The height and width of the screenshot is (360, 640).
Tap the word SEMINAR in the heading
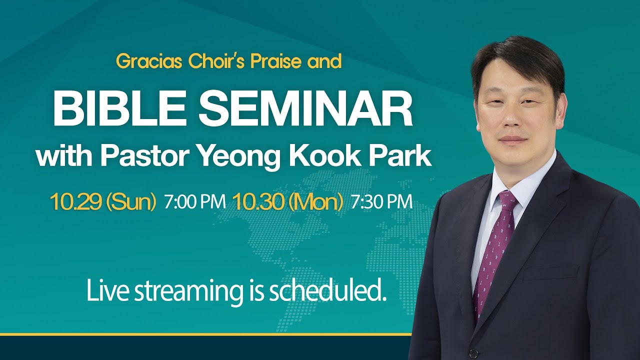click(x=305, y=108)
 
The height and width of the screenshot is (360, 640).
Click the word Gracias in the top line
click(x=149, y=62)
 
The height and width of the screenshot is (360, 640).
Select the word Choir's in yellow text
click(x=216, y=61)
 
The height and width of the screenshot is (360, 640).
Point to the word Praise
click(x=275, y=61)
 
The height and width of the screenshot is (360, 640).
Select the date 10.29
click(x=75, y=201)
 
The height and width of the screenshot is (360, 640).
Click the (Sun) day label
click(x=131, y=202)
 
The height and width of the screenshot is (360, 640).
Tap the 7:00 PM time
click(x=195, y=201)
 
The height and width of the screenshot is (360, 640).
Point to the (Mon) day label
click(x=315, y=202)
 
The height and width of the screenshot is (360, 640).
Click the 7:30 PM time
click(x=381, y=201)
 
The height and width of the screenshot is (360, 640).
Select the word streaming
click(x=188, y=292)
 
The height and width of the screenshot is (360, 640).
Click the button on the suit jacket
click(x=473, y=353)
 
